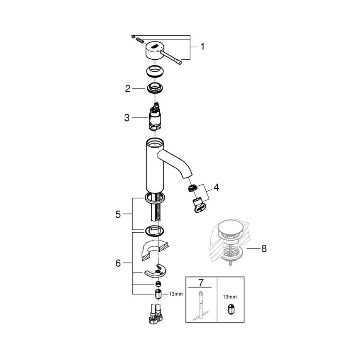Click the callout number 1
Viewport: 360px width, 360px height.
click(202, 47)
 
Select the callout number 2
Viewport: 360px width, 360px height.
click(128, 88)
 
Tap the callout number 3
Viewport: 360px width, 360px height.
click(127, 118)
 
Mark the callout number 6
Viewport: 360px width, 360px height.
click(118, 263)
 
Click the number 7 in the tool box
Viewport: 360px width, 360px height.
click(201, 283)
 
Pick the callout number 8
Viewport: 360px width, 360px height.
click(264, 249)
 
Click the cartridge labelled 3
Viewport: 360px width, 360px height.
click(155, 118)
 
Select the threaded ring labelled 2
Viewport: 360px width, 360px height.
click(155, 88)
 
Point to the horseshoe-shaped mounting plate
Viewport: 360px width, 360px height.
click(154, 271)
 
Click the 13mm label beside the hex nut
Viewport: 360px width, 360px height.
click(176, 294)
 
